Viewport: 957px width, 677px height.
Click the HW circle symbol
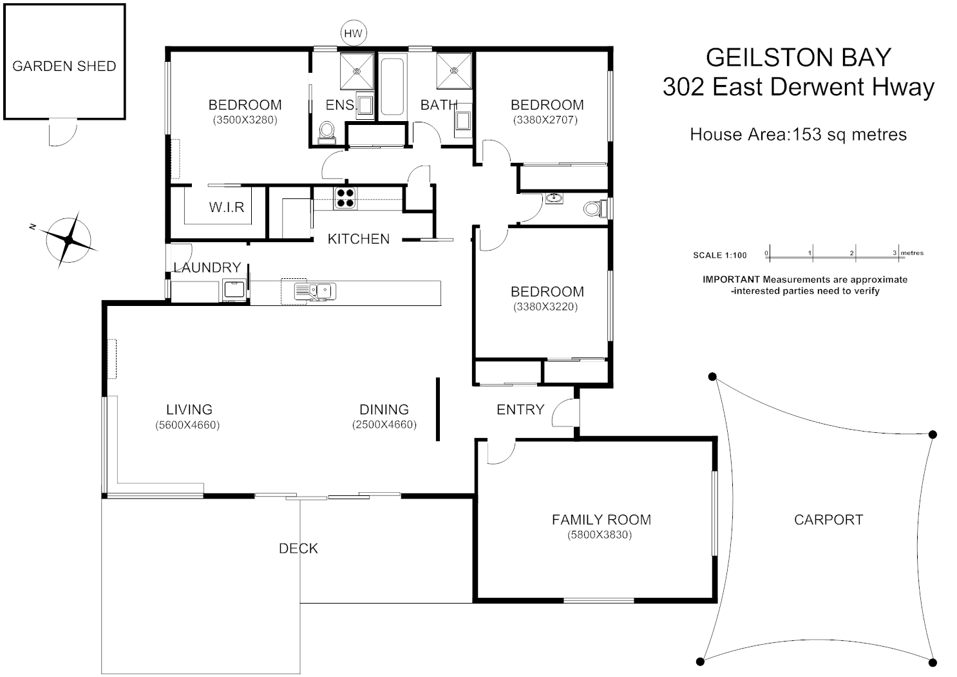click(x=353, y=33)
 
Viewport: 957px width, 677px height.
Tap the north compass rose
click(x=70, y=240)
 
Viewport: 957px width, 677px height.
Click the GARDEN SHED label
click(x=64, y=66)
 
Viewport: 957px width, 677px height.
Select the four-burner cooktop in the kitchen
click(x=345, y=198)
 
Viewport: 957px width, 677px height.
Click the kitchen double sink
click(x=316, y=291)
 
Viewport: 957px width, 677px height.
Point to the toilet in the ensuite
click(x=327, y=132)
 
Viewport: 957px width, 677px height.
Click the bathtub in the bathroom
click(x=392, y=88)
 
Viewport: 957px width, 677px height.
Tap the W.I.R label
click(x=226, y=207)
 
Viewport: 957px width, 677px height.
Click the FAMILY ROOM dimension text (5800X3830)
click(x=600, y=535)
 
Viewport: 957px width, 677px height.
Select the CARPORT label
click(x=828, y=520)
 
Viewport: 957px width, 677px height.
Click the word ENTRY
click(x=520, y=410)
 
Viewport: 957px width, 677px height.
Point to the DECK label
click(x=298, y=548)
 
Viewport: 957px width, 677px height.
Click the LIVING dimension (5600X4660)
click(x=187, y=425)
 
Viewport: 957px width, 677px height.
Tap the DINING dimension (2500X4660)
click(x=384, y=425)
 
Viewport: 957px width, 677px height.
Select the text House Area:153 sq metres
click(x=798, y=135)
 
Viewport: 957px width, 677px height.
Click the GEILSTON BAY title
click(x=798, y=57)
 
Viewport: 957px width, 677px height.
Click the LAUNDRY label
click(x=207, y=267)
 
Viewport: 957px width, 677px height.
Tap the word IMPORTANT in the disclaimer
click(x=731, y=280)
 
